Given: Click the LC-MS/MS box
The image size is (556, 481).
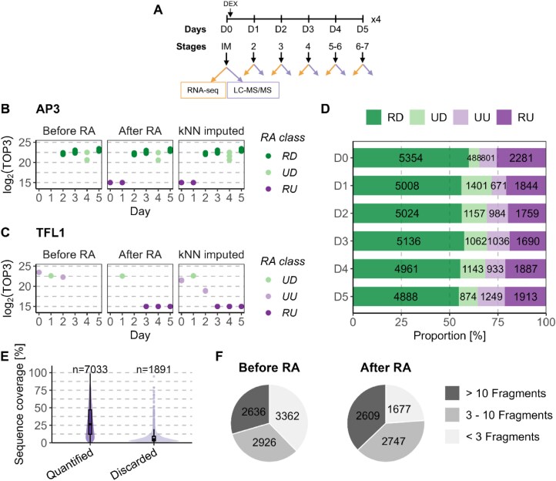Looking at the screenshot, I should pos(252,92).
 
